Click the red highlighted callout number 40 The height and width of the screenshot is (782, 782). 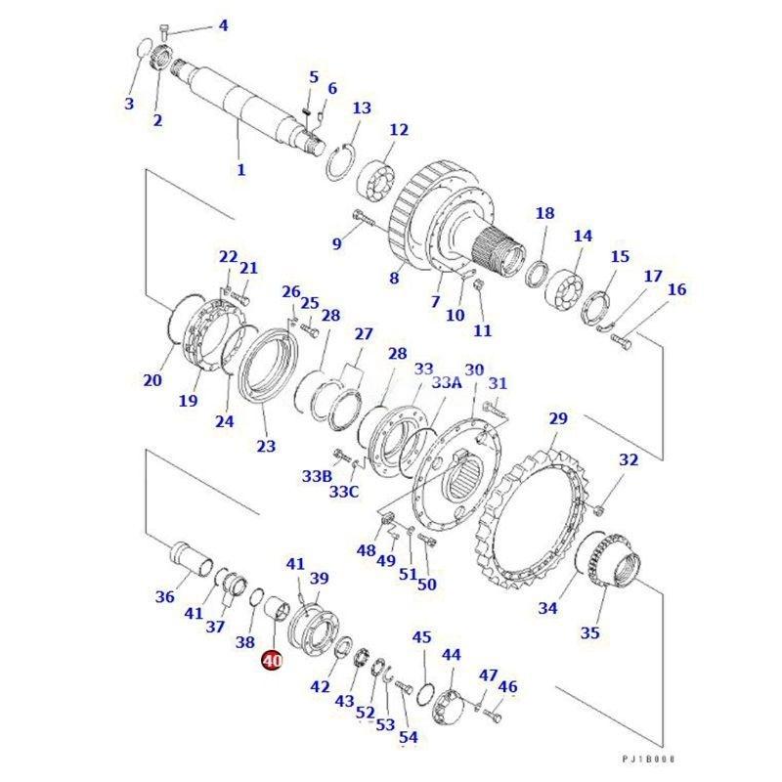(x=273, y=661)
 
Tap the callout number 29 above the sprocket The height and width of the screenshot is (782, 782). (x=558, y=418)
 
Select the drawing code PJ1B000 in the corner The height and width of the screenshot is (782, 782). (x=648, y=759)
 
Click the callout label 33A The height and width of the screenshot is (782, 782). (x=447, y=382)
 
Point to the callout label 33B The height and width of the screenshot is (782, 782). (x=317, y=476)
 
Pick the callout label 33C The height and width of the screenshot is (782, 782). (x=344, y=492)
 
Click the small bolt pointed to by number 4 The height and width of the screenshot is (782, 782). (x=165, y=31)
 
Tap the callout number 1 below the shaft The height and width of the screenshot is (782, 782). (x=241, y=169)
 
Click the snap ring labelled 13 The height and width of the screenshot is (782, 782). (x=341, y=162)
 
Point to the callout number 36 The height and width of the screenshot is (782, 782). (x=165, y=596)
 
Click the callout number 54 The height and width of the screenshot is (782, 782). (x=409, y=737)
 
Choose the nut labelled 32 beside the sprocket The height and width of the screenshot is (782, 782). (x=599, y=509)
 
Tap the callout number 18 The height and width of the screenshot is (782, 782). (x=544, y=213)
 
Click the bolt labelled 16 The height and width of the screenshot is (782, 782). (x=622, y=341)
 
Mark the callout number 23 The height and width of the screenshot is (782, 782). (x=266, y=446)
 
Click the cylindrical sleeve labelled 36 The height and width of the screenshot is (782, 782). (x=191, y=560)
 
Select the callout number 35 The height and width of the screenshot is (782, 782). (x=590, y=632)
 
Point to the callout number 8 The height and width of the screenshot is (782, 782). (x=394, y=278)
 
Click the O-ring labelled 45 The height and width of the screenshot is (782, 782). (x=425, y=695)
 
